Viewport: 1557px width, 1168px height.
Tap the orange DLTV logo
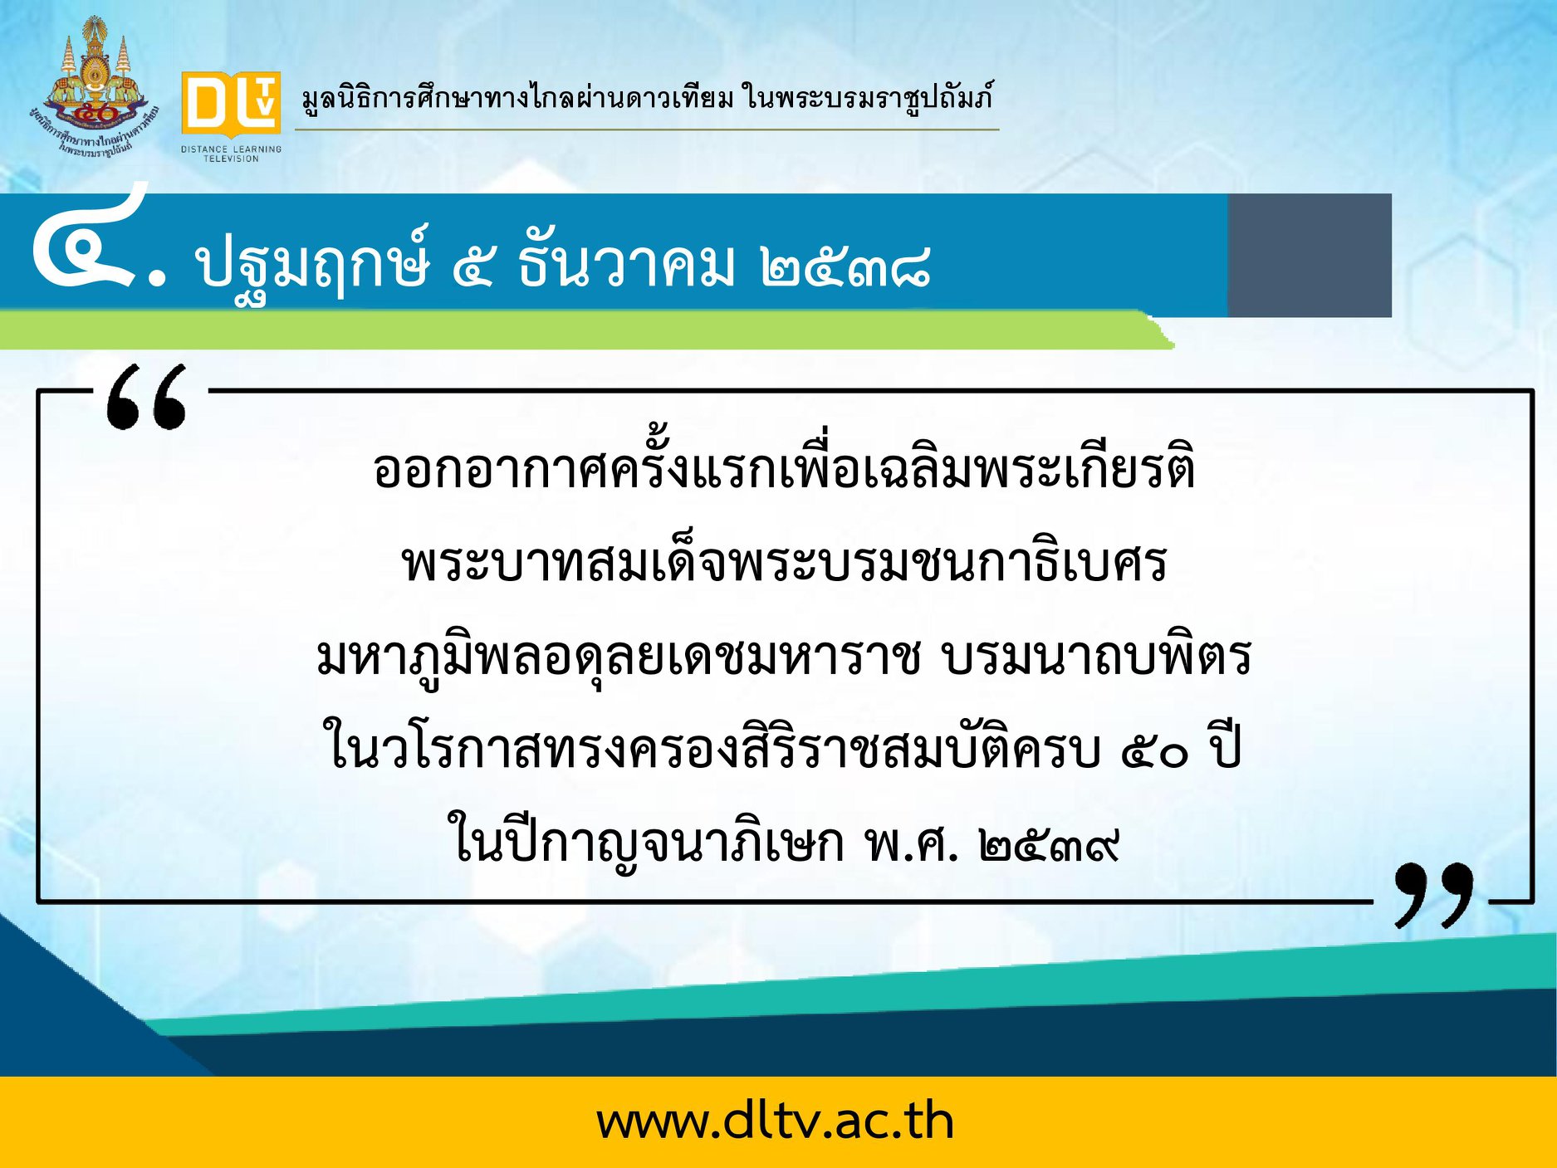tap(231, 104)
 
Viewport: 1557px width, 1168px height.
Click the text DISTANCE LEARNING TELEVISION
tap(232, 154)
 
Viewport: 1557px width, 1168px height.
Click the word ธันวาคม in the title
tap(627, 264)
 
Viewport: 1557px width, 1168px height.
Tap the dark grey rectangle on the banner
tap(1310, 255)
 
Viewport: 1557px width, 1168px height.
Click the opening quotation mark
tap(146, 398)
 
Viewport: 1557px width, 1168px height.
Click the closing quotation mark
tap(1433, 895)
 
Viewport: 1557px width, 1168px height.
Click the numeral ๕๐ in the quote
tap(1155, 752)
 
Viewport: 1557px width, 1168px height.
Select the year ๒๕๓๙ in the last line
tap(1049, 845)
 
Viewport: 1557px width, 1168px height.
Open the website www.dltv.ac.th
tap(775, 1122)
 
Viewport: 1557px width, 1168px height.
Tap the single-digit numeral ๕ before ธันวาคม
tap(473, 267)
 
